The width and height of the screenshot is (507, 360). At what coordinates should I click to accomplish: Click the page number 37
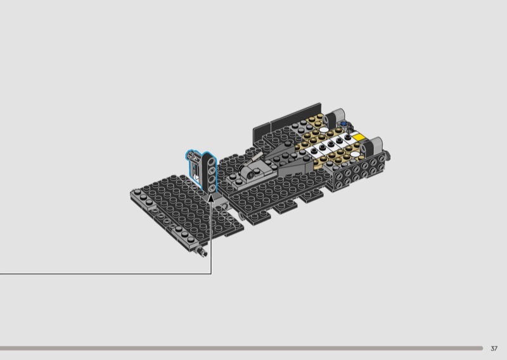[494, 349]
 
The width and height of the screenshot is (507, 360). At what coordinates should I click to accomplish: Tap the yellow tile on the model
[359, 138]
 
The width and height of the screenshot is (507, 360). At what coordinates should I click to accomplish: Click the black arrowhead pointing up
[211, 198]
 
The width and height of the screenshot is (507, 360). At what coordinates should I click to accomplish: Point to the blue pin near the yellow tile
[343, 124]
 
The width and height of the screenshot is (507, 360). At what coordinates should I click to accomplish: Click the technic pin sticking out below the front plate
[201, 252]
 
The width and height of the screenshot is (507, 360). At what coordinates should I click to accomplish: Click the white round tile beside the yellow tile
[355, 154]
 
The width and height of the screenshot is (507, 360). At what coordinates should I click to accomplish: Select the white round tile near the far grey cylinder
[322, 130]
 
